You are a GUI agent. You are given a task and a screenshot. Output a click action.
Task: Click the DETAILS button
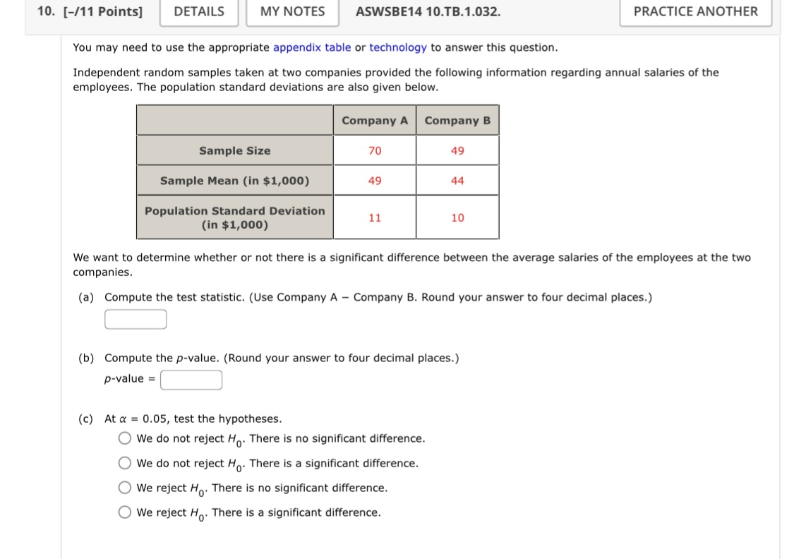point(199,11)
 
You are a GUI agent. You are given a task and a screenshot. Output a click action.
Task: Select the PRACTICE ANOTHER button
point(695,11)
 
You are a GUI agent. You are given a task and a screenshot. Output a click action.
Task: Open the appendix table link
point(312,47)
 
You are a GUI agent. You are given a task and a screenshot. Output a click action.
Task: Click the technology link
point(398,47)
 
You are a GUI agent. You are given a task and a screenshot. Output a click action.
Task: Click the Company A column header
point(375,121)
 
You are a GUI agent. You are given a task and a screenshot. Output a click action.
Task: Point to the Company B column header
point(457,121)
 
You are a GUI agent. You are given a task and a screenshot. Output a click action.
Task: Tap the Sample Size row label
point(234,150)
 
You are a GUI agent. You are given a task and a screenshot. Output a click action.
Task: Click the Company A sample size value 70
point(375,150)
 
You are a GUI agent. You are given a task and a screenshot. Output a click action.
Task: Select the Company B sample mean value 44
point(457,181)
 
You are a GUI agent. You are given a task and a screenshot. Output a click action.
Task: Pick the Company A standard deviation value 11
point(375,217)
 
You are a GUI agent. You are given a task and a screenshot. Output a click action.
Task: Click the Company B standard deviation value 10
point(457,217)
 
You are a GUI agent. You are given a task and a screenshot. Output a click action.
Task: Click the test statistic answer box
point(136,320)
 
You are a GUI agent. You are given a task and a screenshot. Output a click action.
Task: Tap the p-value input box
point(191,380)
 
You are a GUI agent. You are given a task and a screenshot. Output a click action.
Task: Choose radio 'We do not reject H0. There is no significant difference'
point(125,438)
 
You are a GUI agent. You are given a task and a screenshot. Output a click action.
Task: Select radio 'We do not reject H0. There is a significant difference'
point(125,463)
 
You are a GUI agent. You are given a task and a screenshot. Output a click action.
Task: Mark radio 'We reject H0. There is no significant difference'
point(125,488)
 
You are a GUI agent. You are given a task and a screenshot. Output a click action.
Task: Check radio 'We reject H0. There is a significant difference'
point(125,512)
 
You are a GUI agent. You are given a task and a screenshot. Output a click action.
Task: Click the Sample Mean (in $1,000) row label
point(234,181)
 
